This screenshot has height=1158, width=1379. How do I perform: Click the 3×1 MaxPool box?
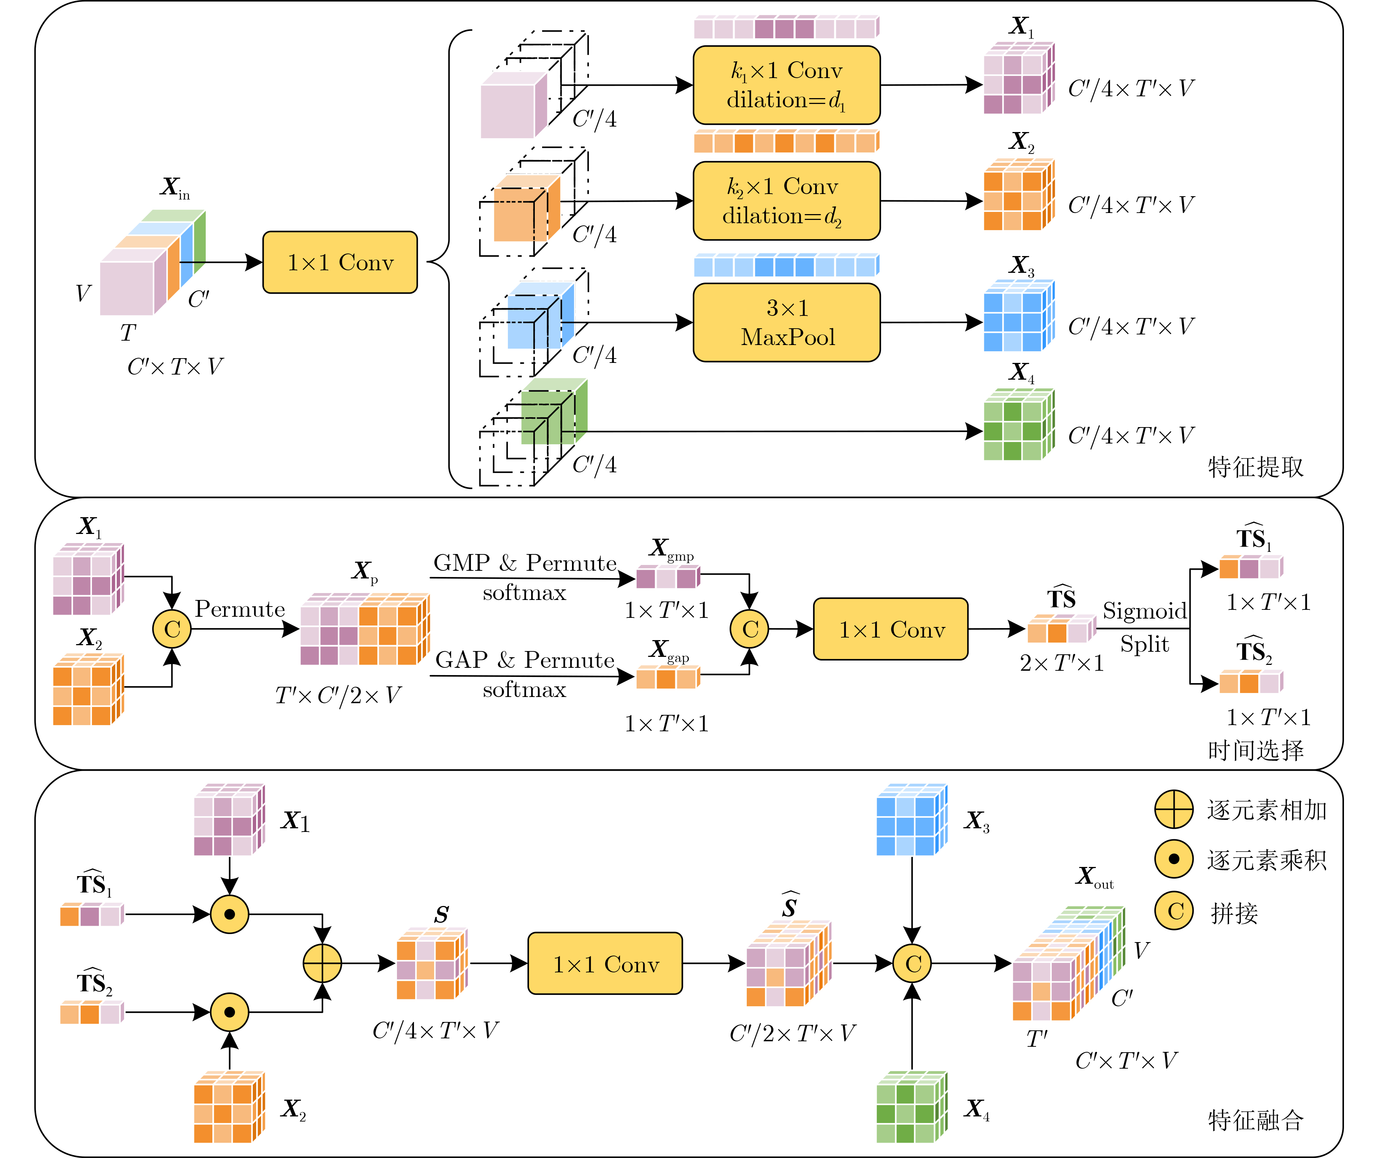(787, 322)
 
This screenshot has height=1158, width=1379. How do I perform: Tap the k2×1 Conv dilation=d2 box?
(787, 201)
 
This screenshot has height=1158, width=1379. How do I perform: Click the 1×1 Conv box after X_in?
(340, 262)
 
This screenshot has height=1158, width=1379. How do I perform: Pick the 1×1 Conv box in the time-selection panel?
(891, 629)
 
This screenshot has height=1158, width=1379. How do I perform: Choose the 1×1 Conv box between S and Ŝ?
(605, 964)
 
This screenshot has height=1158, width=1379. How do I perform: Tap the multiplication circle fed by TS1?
(229, 914)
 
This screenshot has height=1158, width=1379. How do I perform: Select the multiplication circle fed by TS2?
(229, 1012)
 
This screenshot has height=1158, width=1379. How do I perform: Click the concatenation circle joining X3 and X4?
(912, 964)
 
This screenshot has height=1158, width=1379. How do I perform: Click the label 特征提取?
(1256, 467)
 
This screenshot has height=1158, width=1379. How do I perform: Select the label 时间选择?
(1256, 750)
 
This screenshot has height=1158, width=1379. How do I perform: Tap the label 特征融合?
(1256, 1120)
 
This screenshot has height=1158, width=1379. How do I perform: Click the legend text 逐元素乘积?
(1267, 860)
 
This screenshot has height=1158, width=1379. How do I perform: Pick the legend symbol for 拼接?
(1174, 911)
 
